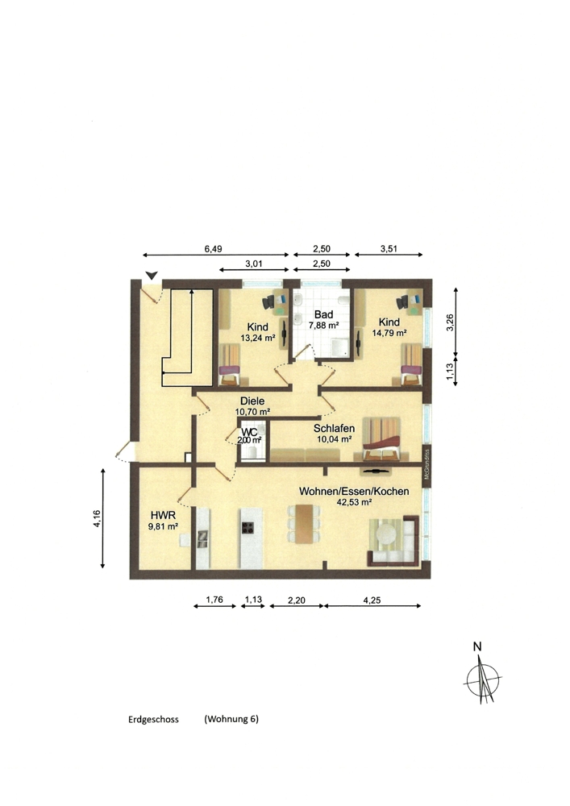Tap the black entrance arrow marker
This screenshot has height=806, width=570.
151,276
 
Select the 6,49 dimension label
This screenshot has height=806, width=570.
213,250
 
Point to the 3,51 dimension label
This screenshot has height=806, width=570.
389,250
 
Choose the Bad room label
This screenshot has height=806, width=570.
323,314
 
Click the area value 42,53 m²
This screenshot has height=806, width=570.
353,502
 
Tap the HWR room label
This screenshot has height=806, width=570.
159,514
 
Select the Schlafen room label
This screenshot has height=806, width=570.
334,428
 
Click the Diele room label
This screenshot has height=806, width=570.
252,401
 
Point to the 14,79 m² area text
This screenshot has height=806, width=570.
389,332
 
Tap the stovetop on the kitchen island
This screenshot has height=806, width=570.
248,529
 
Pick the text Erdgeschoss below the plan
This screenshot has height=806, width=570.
153,718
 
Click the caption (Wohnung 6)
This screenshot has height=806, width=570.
231,718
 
